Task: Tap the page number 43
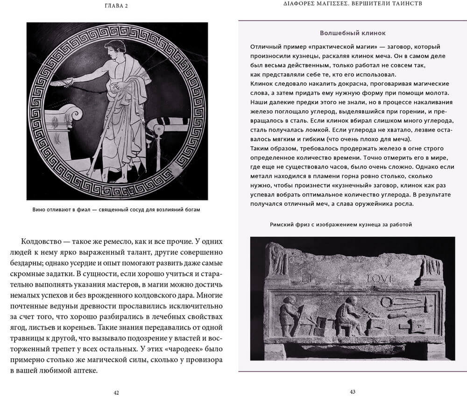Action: click(353, 391)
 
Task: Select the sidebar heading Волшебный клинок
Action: click(353, 33)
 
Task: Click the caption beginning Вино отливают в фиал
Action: click(116, 209)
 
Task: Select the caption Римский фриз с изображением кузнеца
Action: click(341, 225)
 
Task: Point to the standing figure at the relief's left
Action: click(288, 313)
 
